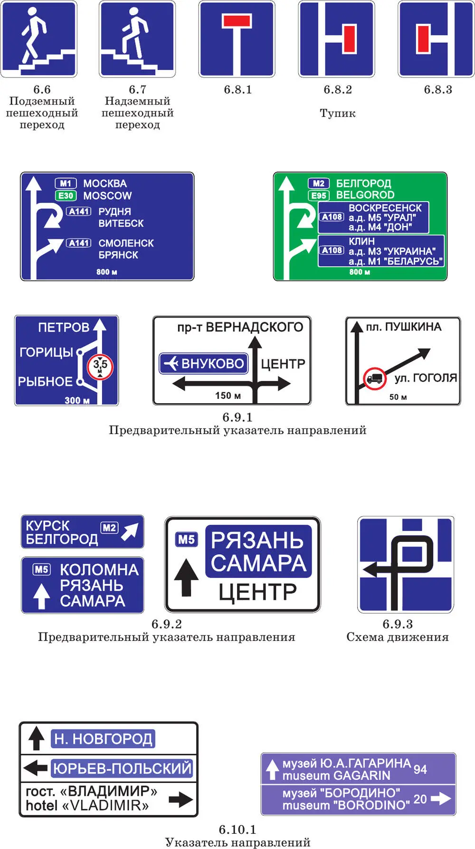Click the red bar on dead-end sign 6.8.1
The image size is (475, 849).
coord(237,21)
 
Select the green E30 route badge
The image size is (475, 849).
coord(66,195)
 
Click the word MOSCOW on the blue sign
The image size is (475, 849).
coord(107,195)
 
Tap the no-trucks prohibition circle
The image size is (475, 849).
coord(374,378)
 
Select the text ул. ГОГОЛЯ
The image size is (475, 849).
coord(426,378)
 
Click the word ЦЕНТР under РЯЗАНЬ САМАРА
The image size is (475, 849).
coord(257,592)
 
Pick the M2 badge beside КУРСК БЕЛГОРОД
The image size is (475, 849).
coord(109,528)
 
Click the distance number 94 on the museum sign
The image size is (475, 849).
coord(420,769)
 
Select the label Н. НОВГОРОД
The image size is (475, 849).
coord(103,739)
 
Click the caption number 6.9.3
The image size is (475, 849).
coord(398,624)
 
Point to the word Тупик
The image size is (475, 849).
coord(338,113)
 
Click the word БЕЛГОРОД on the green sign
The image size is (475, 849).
coord(364,183)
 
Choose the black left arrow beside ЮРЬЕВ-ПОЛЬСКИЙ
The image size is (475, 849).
coord(35,768)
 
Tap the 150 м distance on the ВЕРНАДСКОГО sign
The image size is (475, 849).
coord(228,396)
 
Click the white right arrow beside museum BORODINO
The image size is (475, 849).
coord(441,799)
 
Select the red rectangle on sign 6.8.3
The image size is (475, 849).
coord(423,39)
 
